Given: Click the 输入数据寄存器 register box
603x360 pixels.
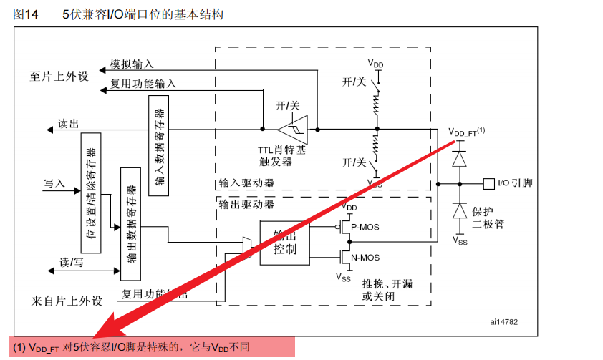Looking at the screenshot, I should (x=158, y=145).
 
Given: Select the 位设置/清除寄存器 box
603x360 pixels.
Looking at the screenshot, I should (x=91, y=188).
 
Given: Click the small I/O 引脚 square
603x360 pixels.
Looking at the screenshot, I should (x=489, y=183).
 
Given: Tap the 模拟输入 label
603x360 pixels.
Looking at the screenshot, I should (x=132, y=64).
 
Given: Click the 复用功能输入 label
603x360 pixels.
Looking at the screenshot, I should (x=143, y=84).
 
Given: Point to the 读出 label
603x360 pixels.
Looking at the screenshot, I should (x=69, y=124).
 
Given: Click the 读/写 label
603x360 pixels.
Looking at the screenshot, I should (x=72, y=263).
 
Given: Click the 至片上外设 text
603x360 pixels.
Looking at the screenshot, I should (x=59, y=76).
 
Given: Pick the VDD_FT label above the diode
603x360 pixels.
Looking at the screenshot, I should (x=466, y=132).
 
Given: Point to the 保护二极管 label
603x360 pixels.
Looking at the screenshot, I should (x=488, y=218).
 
